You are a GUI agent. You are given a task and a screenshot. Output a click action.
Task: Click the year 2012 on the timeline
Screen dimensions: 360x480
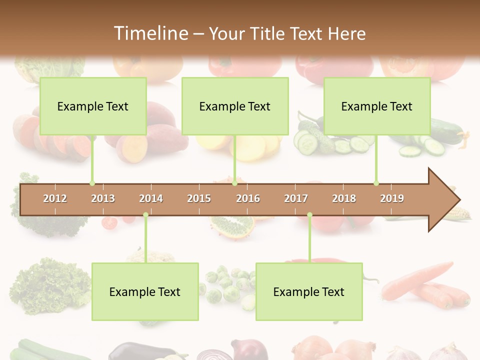click(55, 198)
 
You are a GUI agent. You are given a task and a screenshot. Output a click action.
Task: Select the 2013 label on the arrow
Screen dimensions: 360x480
click(103, 198)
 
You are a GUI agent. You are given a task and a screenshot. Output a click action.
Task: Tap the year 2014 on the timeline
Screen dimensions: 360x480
click(151, 198)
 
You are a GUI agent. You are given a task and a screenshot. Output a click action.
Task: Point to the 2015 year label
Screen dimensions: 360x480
click(199, 198)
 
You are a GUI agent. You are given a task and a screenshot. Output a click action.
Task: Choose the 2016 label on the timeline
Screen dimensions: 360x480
click(248, 198)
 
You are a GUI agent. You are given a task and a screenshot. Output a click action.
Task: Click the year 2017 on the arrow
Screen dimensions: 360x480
click(296, 198)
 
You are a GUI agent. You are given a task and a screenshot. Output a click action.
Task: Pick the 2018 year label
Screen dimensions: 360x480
click(344, 198)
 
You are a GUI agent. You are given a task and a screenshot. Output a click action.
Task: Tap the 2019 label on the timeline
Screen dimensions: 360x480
click(392, 198)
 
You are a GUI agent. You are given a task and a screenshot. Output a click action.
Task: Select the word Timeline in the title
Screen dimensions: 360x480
click(150, 33)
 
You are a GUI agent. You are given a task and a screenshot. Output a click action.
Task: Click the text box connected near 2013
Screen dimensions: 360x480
click(93, 106)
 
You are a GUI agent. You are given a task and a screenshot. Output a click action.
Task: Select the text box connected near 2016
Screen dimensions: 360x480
click(235, 106)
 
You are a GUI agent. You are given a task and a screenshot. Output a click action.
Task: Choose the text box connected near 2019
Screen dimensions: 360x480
click(377, 106)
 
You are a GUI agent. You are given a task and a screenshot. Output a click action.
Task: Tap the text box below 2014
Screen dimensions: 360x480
click(145, 291)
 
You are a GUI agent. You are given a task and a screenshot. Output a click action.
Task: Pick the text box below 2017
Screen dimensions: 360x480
click(309, 291)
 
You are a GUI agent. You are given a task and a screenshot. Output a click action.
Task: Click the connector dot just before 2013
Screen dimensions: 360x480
click(92, 183)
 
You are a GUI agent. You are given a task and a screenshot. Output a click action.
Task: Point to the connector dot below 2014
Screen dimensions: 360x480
click(145, 215)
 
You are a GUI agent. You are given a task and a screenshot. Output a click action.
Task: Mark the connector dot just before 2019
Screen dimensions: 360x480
click(376, 183)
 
